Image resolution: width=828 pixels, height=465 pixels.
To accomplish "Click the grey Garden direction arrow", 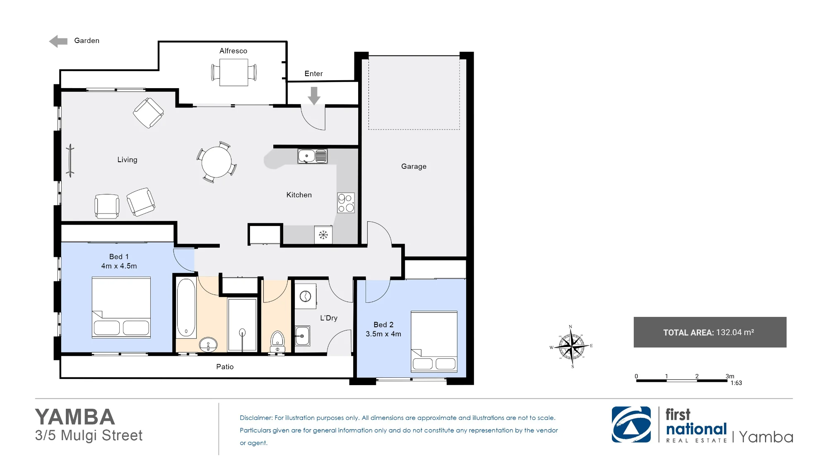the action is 58,41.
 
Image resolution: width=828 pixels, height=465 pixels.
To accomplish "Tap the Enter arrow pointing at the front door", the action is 314,96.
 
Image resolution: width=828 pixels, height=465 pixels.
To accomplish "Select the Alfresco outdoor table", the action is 233,72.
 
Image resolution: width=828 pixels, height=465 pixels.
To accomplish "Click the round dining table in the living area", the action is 216,162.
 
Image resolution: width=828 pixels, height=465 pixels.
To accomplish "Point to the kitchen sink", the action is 313,156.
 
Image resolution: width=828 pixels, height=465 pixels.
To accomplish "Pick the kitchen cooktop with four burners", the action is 346,203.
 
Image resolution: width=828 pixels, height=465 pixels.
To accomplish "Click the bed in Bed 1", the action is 121,307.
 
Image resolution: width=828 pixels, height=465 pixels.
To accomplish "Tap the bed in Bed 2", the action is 434,342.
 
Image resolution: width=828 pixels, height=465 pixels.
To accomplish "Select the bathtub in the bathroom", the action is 186,307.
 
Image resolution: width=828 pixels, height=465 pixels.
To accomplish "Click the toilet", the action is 277,341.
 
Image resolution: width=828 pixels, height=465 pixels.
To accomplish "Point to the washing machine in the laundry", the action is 306,296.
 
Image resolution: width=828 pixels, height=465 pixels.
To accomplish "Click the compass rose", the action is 571,347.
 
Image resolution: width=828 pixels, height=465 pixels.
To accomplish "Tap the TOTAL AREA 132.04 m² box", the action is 710,332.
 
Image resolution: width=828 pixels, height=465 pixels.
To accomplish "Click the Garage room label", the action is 414,166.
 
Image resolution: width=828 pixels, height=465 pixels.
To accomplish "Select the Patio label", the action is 225,367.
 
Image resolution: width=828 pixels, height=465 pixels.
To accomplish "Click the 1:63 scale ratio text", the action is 736,383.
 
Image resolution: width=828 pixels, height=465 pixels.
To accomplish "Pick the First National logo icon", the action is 631,424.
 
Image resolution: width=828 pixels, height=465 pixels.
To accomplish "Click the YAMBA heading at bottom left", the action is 75,417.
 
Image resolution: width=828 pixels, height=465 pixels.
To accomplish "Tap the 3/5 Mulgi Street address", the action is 89,436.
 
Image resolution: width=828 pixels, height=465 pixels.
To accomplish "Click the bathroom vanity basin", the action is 208,344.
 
